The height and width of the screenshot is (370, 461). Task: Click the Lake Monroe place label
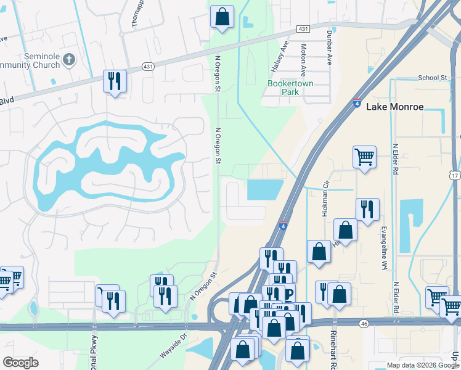(x=395, y=107)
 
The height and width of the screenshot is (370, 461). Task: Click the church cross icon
(x=69, y=60)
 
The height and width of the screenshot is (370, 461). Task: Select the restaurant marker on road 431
(x=115, y=81)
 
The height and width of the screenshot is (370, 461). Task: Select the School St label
(x=432, y=78)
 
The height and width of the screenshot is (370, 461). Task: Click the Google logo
(x=20, y=363)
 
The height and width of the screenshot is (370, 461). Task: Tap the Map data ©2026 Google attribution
(x=422, y=365)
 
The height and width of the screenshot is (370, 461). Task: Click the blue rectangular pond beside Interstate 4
(x=264, y=190)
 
